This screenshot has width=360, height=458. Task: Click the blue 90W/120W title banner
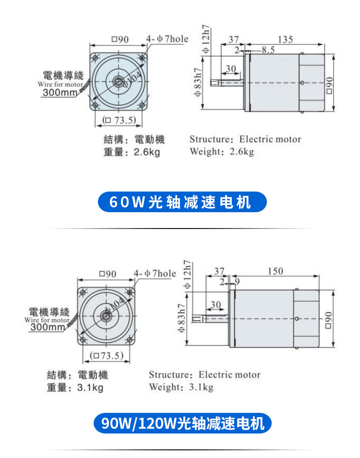tap(182, 423)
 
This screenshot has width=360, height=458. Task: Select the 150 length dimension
tap(275, 272)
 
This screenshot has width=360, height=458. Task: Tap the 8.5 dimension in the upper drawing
tap(268, 49)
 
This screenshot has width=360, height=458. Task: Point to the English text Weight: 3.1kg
tap(180, 387)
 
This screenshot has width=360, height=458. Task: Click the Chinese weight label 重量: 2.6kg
tap(131, 152)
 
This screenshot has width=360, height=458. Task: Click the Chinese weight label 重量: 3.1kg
tap(74, 387)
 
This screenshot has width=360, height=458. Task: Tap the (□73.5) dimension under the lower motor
tap(104, 356)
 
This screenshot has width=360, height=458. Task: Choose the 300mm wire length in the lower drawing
tap(47, 327)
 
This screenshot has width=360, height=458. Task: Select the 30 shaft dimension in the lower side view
tap(216, 305)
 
